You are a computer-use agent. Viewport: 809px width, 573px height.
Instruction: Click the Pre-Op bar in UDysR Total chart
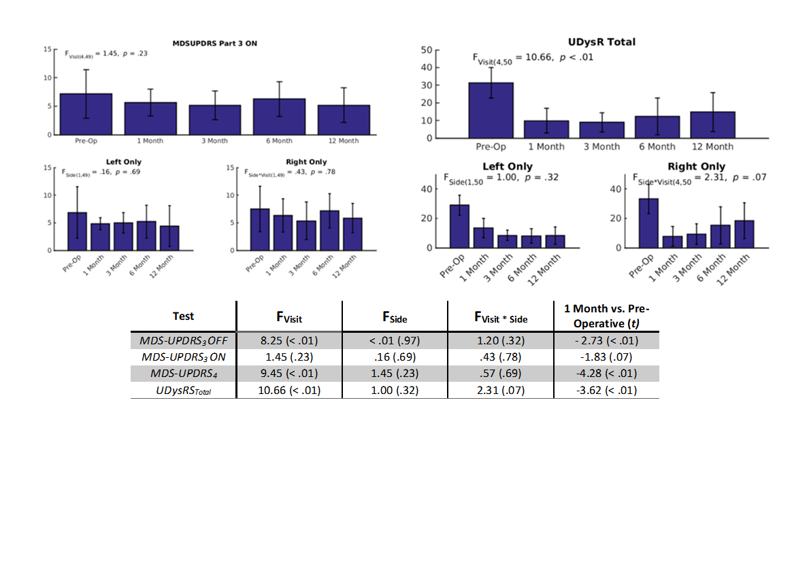pyautogui.click(x=491, y=110)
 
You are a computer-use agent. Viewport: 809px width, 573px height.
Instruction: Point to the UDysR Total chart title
pyautogui.click(x=601, y=42)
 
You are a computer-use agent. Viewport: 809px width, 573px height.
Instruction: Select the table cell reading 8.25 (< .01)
pyautogui.click(x=289, y=340)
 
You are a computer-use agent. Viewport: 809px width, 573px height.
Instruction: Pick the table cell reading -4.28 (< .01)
pyautogui.click(x=606, y=374)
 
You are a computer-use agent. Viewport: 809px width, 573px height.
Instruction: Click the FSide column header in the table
pyautogui.click(x=395, y=317)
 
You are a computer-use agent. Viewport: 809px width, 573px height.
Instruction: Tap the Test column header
pyautogui.click(x=183, y=316)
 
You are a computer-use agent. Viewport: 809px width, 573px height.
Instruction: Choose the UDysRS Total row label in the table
pyautogui.click(x=183, y=391)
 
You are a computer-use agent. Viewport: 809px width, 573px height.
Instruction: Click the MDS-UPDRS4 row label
pyautogui.click(x=183, y=374)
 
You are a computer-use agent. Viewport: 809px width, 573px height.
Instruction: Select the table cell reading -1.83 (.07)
pyautogui.click(x=606, y=357)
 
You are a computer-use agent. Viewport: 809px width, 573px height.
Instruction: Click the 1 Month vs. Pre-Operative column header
pyautogui.click(x=606, y=316)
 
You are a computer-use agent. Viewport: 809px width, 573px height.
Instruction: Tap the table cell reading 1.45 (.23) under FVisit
pyautogui.click(x=289, y=357)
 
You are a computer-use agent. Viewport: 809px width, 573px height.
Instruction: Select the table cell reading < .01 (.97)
pyautogui.click(x=395, y=340)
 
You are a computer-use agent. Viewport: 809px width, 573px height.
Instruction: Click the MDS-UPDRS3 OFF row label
pyautogui.click(x=183, y=340)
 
